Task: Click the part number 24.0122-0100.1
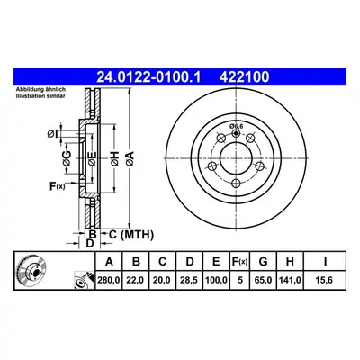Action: point(148,77)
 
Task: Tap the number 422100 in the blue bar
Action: point(244,77)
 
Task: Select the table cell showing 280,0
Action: point(109,281)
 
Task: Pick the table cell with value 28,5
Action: point(189,281)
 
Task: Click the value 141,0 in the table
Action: point(290,281)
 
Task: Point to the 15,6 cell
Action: point(325,281)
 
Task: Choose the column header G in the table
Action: point(263,262)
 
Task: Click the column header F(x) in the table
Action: point(239,262)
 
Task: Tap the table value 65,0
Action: point(263,281)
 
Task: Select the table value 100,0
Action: point(216,281)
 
